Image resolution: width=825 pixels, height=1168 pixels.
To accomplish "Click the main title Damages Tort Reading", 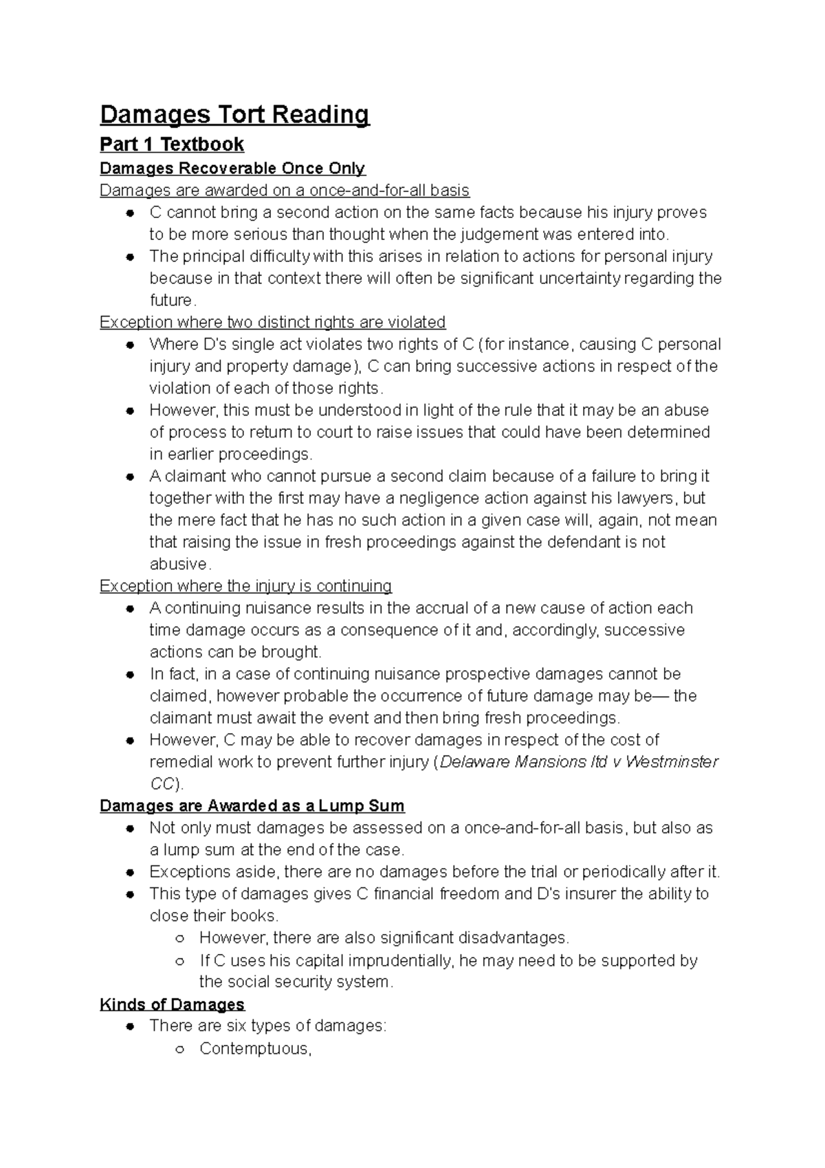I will (234, 114).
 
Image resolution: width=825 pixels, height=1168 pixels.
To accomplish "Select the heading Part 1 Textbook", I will (172, 144).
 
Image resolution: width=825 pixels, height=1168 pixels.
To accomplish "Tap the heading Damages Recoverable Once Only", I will (232, 169).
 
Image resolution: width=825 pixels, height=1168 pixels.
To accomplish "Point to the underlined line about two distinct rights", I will (272, 323).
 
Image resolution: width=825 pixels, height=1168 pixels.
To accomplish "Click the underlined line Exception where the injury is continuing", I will (245, 586).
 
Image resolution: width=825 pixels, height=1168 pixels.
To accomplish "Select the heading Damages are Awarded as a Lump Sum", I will (252, 806).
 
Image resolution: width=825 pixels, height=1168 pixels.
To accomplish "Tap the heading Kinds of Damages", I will (172, 1004).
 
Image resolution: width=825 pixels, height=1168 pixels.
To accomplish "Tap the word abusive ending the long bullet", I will (179, 565).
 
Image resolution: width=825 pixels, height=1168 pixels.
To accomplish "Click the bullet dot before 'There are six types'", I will (129, 1027).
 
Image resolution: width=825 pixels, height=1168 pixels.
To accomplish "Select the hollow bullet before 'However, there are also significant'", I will (179, 939).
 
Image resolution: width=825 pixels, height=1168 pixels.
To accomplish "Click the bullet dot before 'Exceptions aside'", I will (129, 873).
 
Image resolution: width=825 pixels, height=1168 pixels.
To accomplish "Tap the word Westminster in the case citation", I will (672, 762).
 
